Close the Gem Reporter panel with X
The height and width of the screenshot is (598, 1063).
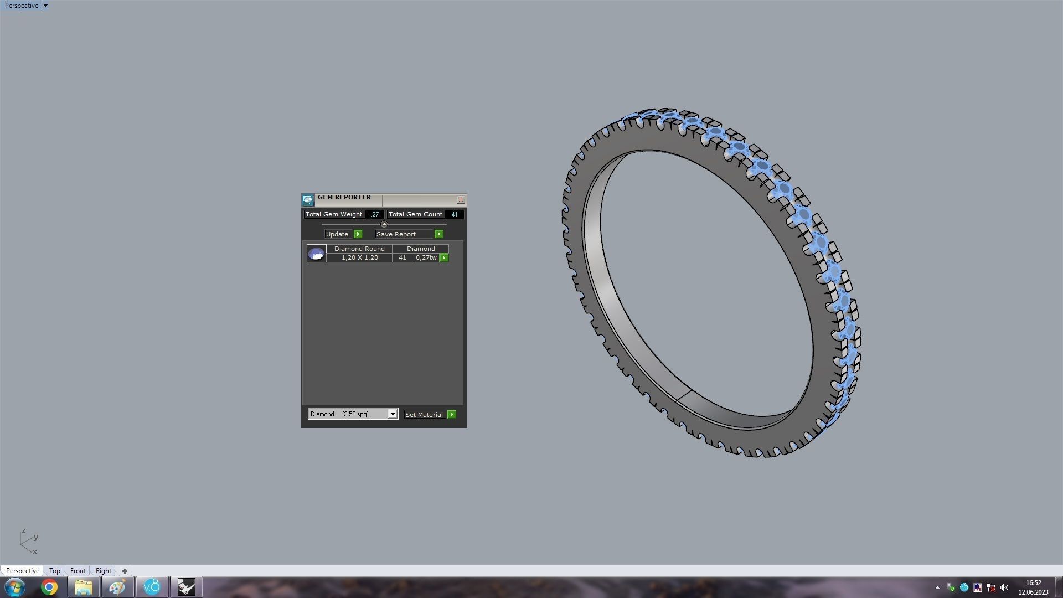pos(461,200)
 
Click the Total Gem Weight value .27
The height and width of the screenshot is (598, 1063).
pos(375,215)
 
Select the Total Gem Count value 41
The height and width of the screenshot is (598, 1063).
pos(454,215)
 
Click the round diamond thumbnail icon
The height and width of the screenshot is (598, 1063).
pos(316,254)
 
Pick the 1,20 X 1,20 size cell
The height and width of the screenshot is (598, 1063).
pos(359,258)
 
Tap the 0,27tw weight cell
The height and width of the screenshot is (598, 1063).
pos(426,258)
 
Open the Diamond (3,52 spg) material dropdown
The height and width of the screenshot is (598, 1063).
pos(392,414)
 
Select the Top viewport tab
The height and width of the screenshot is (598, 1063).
pos(54,571)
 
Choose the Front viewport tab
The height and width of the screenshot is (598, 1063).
pos(78,571)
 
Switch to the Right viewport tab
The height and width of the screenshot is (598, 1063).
pos(103,571)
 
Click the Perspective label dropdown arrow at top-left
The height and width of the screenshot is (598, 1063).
pos(45,6)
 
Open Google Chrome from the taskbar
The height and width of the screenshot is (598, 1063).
pos(49,587)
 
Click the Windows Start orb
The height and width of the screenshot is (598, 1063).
pos(15,587)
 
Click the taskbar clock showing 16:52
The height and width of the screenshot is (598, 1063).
pos(1033,587)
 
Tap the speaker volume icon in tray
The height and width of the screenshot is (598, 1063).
pos(1004,587)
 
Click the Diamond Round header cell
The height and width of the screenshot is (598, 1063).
pos(359,249)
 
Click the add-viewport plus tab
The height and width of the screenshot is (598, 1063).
pos(125,571)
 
